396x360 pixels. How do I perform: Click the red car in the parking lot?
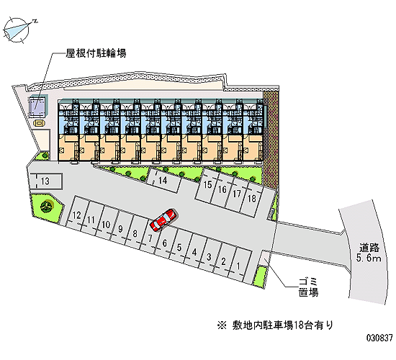point(163,220)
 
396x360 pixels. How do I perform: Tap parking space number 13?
point(45,181)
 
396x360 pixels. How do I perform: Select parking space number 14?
point(164,180)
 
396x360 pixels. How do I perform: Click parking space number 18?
point(252,199)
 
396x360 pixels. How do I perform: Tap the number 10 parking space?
point(107,224)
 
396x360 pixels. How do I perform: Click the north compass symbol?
point(17,30)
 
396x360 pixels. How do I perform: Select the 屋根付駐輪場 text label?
point(96,53)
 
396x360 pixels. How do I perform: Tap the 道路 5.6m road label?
point(369,253)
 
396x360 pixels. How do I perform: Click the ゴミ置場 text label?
point(308,287)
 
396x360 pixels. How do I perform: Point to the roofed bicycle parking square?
point(38,106)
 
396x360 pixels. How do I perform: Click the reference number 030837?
point(379,338)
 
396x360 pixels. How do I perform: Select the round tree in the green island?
point(47,206)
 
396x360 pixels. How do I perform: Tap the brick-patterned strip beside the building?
point(271,140)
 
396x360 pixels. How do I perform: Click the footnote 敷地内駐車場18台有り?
point(275,325)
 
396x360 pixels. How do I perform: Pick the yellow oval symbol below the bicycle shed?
point(39,123)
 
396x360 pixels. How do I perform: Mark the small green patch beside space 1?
point(261,276)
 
